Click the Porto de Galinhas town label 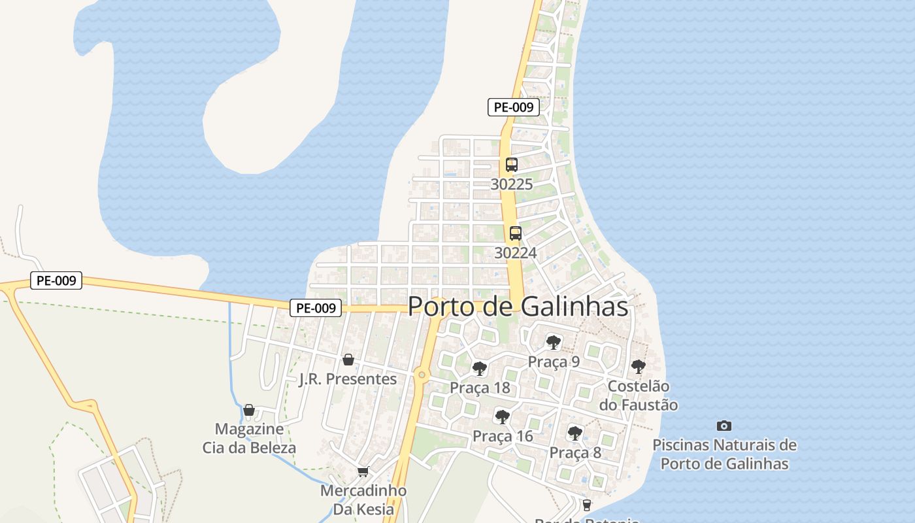[518, 306]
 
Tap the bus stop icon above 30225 [511, 165]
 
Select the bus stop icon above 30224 [515, 233]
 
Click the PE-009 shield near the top [514, 107]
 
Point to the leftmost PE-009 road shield [56, 281]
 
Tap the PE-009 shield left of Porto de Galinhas [316, 308]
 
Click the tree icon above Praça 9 [554, 342]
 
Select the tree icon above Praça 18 [480, 368]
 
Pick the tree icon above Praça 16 [502, 416]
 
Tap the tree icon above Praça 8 [575, 433]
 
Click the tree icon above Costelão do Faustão [639, 367]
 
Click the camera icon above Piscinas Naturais [724, 426]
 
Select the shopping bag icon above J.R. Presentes [348, 360]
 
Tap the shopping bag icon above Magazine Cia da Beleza [249, 410]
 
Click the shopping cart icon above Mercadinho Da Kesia [363, 471]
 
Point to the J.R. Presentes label [348, 379]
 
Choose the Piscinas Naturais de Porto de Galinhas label [724, 454]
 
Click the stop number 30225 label [511, 184]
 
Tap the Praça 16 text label [503, 436]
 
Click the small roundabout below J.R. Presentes [422, 375]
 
